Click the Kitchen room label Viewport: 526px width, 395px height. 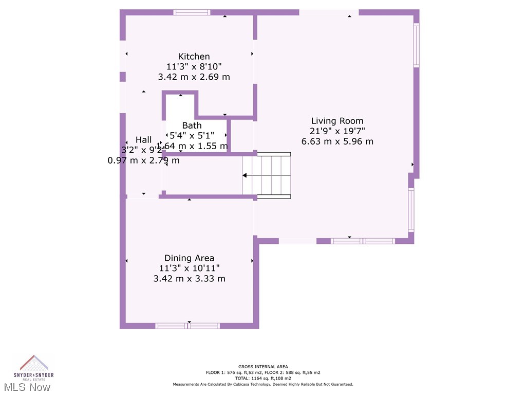click(194, 57)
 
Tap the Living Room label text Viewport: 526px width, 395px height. click(337, 121)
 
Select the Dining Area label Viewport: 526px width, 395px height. click(189, 258)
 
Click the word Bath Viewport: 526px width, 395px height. click(192, 125)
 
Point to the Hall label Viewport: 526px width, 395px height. click(143, 139)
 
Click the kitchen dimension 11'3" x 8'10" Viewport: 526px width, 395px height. click(194, 66)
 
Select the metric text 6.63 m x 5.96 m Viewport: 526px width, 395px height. click(337, 141)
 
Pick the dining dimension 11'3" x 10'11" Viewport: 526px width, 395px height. click(189, 268)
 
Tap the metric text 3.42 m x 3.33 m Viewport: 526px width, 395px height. click(189, 279)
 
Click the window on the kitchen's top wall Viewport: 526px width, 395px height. click(192, 12)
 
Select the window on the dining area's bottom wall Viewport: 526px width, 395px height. click(187, 326)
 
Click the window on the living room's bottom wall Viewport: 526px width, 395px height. click(363, 241)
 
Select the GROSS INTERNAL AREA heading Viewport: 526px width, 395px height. click(262, 367)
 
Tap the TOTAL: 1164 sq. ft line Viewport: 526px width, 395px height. click(262, 378)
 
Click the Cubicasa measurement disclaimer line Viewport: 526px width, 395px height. click(262, 384)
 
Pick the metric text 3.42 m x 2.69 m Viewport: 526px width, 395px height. click(194, 77)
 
